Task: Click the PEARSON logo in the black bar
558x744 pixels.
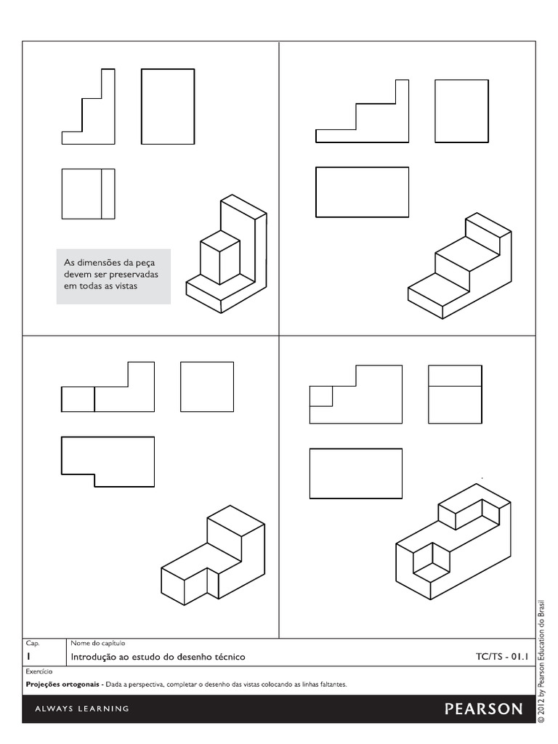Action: click(483, 708)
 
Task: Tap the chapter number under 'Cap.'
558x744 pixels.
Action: click(28, 657)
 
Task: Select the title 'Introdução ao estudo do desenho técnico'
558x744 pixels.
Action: click(158, 657)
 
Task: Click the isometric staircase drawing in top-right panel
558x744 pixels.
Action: click(459, 265)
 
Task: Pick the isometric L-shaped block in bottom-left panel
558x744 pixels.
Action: click(212, 552)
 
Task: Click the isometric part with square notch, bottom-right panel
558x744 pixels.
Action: click(453, 541)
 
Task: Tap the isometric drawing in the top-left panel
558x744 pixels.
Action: click(227, 254)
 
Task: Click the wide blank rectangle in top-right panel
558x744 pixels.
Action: click(362, 192)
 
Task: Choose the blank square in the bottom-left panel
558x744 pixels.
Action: click(207, 387)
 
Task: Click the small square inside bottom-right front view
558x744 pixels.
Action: click(321, 396)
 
